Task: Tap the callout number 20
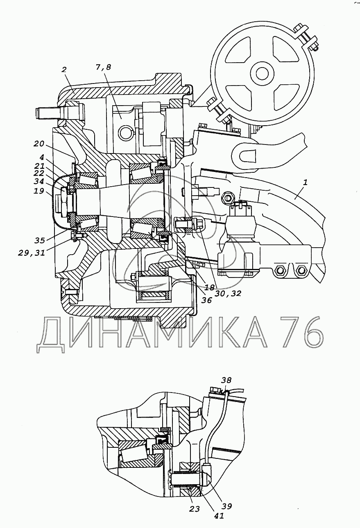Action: tap(39, 144)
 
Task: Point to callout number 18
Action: tap(209, 287)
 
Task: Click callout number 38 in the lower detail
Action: tap(226, 380)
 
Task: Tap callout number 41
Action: tap(219, 516)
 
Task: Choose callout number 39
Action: tap(226, 506)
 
